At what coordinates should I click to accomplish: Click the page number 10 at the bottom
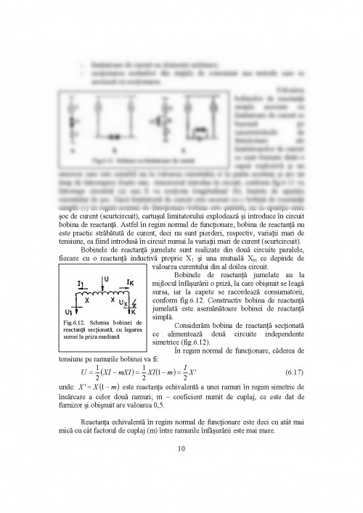pyautogui.click(x=181, y=447)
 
